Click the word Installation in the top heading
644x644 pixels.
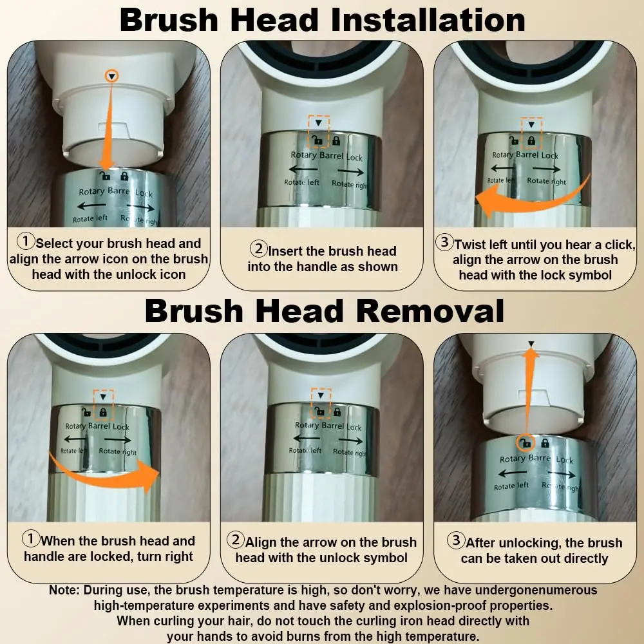click(428, 20)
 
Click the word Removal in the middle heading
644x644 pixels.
click(431, 310)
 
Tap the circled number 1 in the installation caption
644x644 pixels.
click(26, 241)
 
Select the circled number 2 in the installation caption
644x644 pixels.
click(259, 248)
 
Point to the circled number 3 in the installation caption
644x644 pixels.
click(444, 242)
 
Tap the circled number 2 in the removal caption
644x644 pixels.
click(236, 539)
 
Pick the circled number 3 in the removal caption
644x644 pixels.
click(456, 540)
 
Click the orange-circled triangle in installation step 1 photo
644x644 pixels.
click(111, 76)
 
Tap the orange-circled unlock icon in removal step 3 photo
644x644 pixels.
click(526, 443)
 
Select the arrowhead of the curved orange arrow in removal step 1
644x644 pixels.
click(148, 476)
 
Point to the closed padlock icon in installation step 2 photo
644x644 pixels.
click(336, 141)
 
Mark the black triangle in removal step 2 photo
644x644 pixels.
click(321, 395)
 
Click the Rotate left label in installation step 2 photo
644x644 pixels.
click(301, 182)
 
